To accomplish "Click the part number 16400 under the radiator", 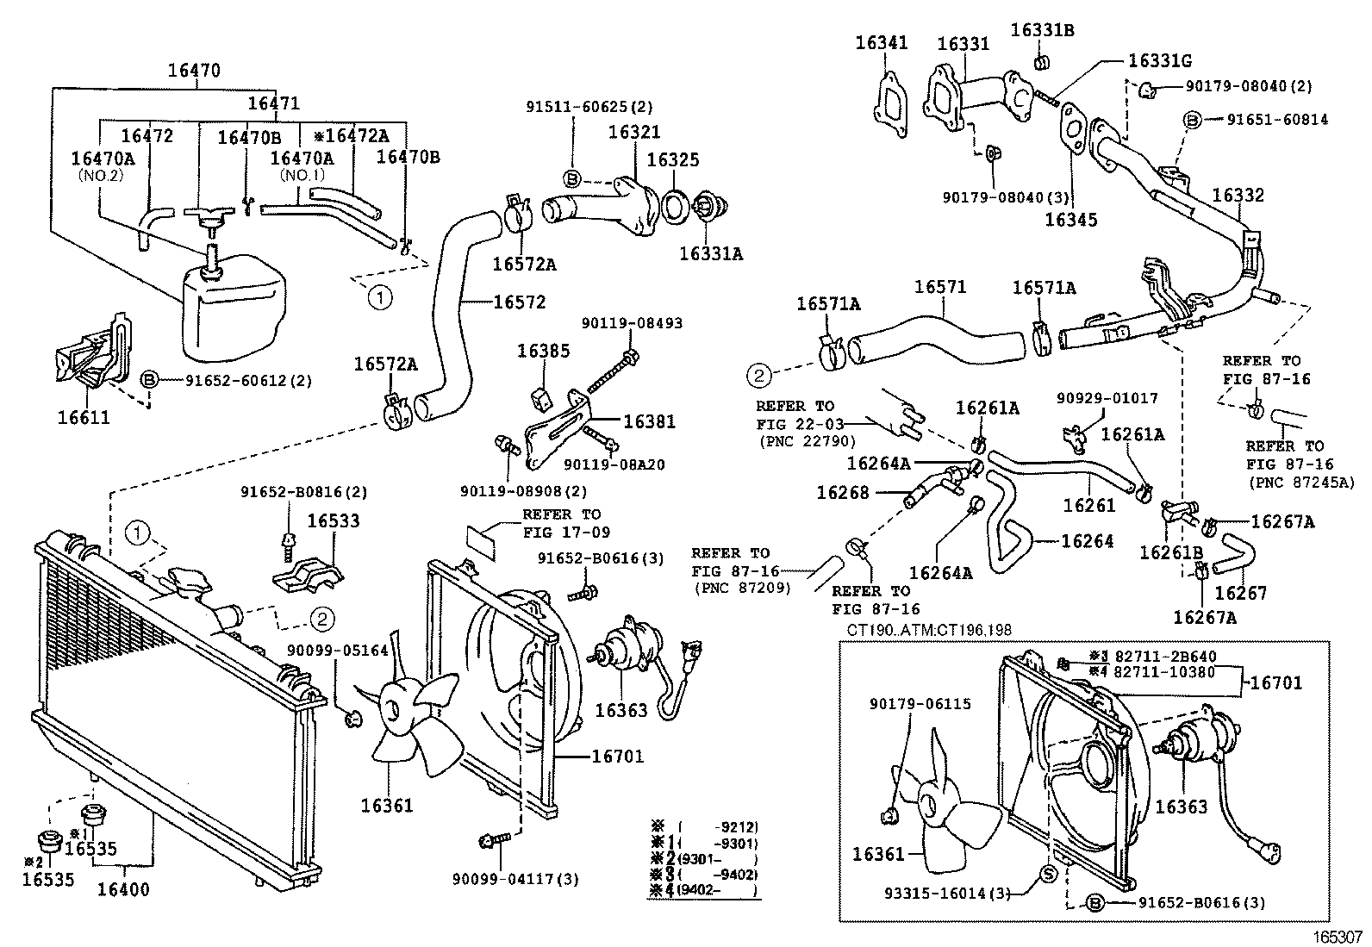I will coord(122,888).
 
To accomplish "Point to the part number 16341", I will coord(882,42).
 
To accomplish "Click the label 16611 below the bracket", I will coord(84,417).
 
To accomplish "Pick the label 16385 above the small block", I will coord(543,351).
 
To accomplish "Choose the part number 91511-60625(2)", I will coord(589,107).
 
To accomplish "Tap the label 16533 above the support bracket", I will coord(334,521).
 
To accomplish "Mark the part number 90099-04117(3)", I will coord(515,879).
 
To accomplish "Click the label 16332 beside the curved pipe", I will coord(1238,196).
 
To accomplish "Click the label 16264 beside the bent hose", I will coord(1087,541).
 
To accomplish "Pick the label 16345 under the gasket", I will coord(1071,220).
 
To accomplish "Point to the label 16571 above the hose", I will coord(940,287).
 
